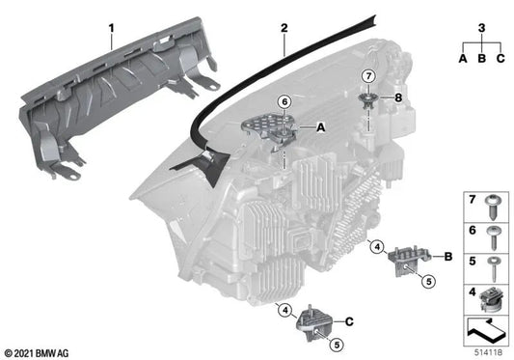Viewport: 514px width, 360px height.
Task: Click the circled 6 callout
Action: [x=284, y=101]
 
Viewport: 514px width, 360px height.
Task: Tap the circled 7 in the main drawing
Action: [x=368, y=76]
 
